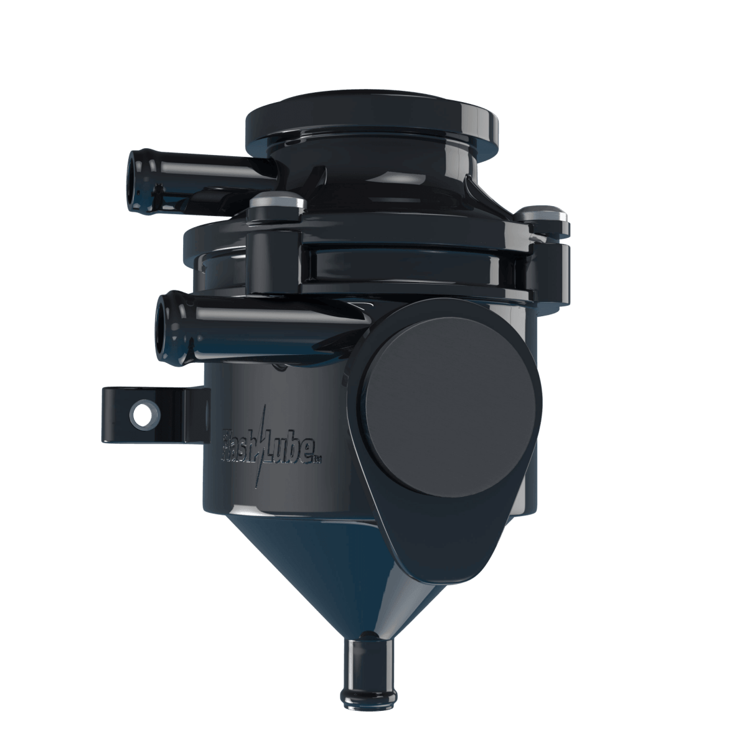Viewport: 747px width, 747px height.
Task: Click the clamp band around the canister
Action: pos(411,268)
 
